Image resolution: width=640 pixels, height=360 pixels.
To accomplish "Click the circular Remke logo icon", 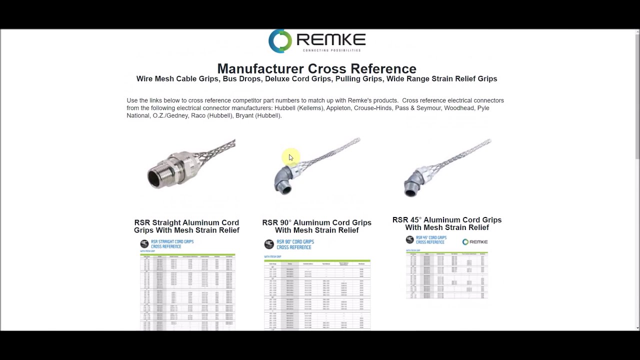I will pos(280,41).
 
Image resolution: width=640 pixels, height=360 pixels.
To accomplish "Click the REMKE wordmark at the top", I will pos(330,39).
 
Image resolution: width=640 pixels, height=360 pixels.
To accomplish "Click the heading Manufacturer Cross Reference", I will pos(316,68).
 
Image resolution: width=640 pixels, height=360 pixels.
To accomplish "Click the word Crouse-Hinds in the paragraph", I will pos(372,108).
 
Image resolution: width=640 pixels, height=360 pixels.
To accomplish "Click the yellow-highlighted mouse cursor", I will pos(290,157).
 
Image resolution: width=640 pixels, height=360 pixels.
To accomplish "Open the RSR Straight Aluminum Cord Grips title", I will pos(186,226).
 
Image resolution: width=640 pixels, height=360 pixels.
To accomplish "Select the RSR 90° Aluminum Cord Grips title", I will pos(316,226).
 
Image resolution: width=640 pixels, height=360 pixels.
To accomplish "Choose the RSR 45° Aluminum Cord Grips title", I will pos(446,223).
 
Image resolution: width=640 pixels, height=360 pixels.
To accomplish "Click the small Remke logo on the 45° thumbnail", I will pos(474,242).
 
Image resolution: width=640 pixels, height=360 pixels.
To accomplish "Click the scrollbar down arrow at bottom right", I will pos(637,327).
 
